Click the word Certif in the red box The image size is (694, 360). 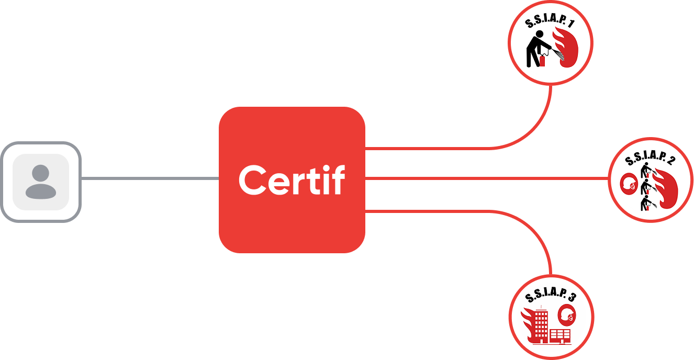point(292,179)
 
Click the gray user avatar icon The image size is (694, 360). point(41,182)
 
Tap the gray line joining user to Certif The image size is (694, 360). point(150,178)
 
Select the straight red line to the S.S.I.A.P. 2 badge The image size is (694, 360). point(487,178)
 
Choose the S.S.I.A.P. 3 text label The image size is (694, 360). point(551,295)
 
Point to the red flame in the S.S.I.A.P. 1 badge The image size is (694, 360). point(566,47)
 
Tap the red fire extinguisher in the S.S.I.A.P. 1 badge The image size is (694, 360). point(542,61)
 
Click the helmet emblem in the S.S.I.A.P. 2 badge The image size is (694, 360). point(629,184)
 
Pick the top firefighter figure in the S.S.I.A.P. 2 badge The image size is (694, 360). point(646,170)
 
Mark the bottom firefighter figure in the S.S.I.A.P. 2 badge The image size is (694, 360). point(646,203)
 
